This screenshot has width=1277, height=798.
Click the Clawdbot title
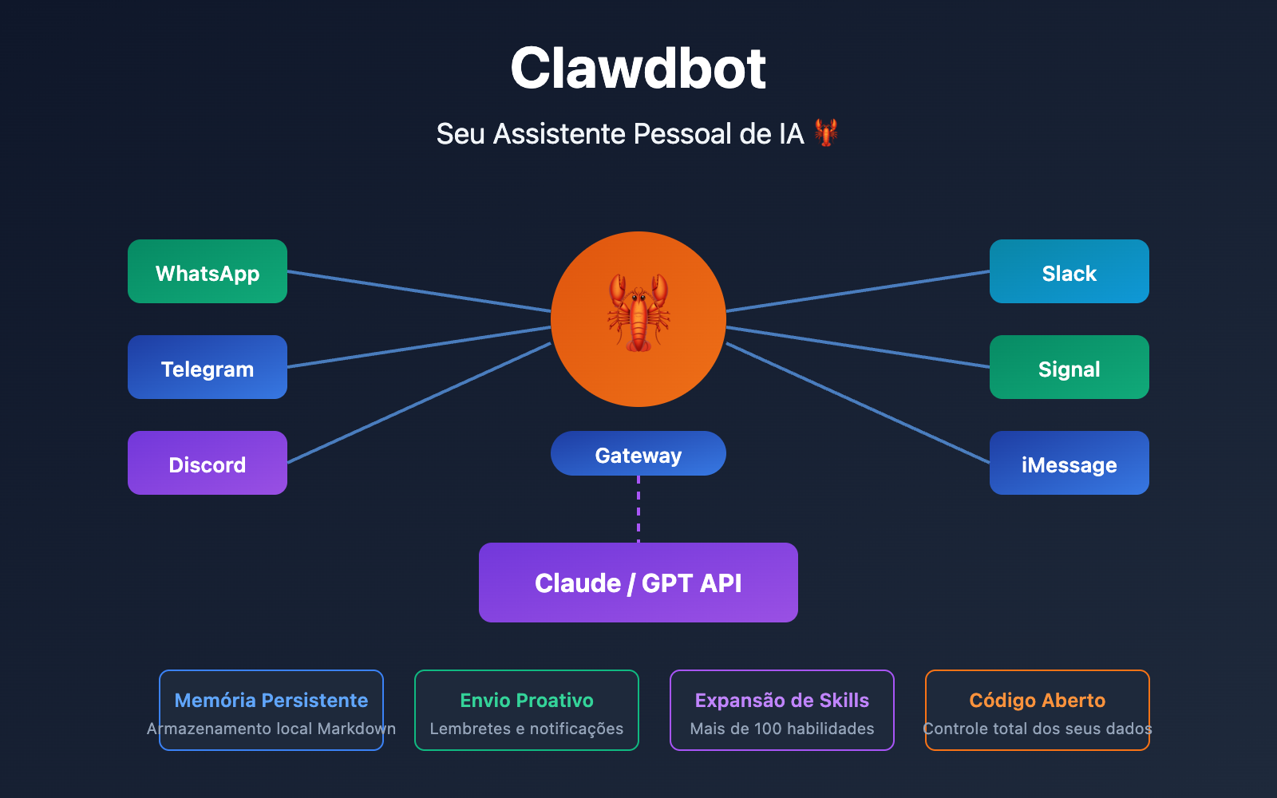(638, 69)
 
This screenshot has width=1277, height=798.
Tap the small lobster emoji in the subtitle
(826, 132)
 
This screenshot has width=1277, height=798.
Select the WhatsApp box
(208, 271)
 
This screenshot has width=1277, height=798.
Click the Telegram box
(208, 367)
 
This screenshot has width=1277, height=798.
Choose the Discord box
(208, 463)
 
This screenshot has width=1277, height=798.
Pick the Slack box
(1069, 271)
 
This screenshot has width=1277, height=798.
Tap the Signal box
(1069, 367)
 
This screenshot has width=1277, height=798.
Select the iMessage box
(1069, 463)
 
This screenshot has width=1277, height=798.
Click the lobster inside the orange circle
(638, 313)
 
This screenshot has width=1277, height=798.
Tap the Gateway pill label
(638, 454)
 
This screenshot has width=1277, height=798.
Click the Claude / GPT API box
(638, 583)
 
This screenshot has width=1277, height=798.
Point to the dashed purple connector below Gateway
(638, 509)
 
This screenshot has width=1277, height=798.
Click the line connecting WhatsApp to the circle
(419, 291)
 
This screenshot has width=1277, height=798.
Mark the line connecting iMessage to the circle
(858, 403)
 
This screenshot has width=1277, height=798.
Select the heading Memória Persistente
(271, 700)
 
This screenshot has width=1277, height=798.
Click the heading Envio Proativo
(527, 700)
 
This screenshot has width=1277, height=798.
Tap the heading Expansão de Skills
(782, 700)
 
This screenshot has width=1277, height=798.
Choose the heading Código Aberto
(1038, 700)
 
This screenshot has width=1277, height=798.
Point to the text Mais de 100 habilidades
(782, 729)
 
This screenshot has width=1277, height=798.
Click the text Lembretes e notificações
(527, 729)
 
